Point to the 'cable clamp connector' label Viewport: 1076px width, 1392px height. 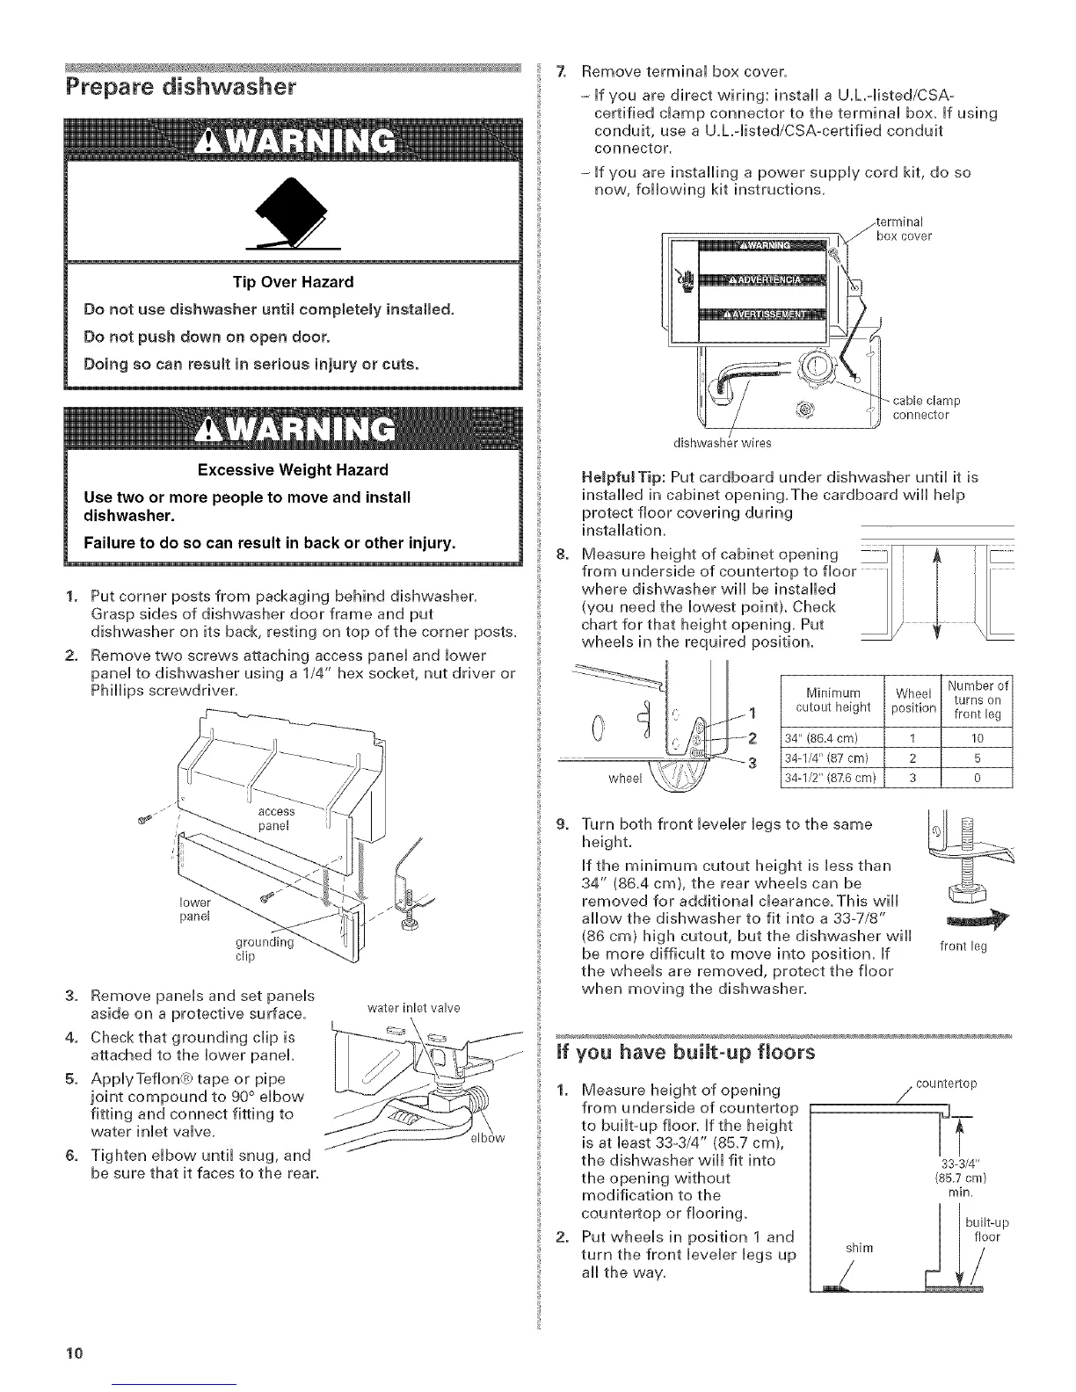coord(926,408)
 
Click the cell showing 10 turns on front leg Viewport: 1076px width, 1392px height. coord(977,736)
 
